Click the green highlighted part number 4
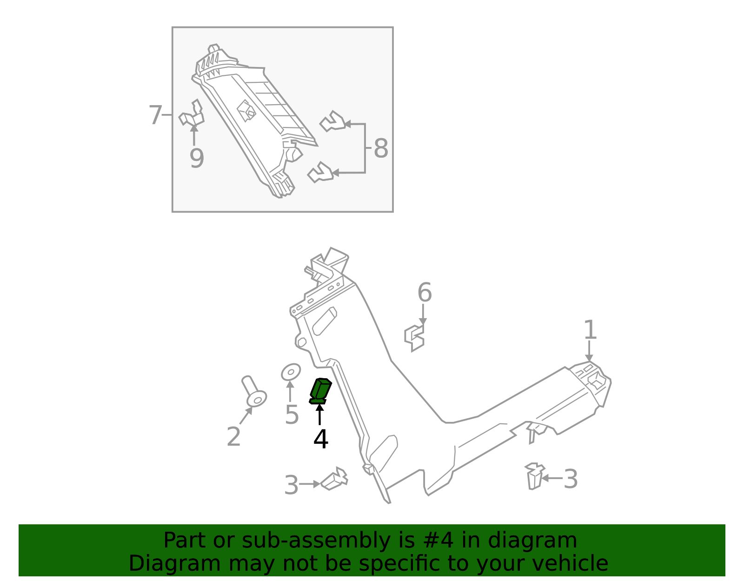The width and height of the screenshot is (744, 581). pyautogui.click(x=320, y=391)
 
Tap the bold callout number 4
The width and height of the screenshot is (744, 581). pyautogui.click(x=321, y=439)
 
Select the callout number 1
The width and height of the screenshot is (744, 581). pyautogui.click(x=590, y=330)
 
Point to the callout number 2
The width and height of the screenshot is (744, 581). pyautogui.click(x=234, y=436)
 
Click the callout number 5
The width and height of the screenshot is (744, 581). pyautogui.click(x=292, y=414)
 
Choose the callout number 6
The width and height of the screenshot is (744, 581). pyautogui.click(x=425, y=293)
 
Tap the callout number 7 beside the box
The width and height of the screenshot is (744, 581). pyautogui.click(x=155, y=115)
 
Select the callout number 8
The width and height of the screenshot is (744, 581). pyautogui.click(x=381, y=148)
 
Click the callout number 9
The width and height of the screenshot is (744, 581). pyautogui.click(x=197, y=158)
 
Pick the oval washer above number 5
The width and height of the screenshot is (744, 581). pyautogui.click(x=291, y=372)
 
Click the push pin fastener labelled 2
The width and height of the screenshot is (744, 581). pyautogui.click(x=254, y=391)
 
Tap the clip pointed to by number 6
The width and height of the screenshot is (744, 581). pyautogui.click(x=414, y=338)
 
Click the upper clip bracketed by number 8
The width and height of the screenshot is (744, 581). pyautogui.click(x=332, y=121)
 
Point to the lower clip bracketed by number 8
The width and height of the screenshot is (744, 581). pyautogui.click(x=320, y=172)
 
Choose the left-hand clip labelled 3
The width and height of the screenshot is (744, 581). pyautogui.click(x=334, y=479)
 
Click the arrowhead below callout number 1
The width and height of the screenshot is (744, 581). pyautogui.click(x=589, y=358)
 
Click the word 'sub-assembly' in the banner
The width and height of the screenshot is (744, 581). pyautogui.click(x=316, y=541)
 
